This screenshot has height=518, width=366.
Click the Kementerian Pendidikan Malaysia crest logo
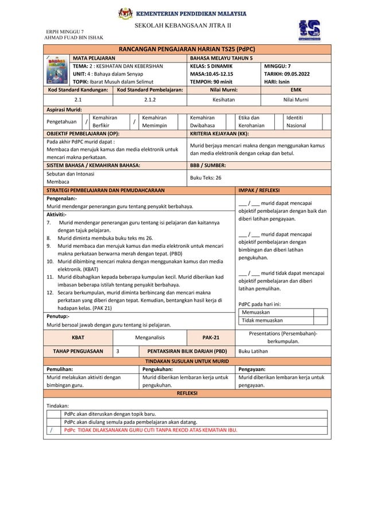(124, 13)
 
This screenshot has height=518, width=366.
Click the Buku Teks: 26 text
(205, 178)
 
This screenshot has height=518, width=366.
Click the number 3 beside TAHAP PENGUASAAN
(118, 352)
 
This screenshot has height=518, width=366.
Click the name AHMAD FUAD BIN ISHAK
(74, 38)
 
